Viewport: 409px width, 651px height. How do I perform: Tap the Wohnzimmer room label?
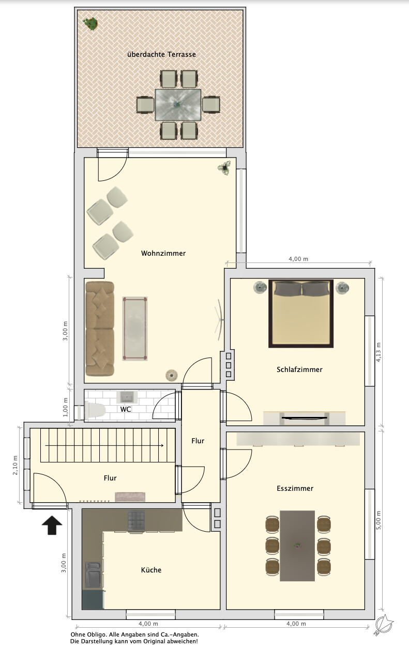pyautogui.click(x=163, y=253)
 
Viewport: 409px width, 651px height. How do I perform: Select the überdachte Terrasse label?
pyautogui.click(x=161, y=54)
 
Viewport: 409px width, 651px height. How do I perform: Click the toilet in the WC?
pyautogui.click(x=95, y=410)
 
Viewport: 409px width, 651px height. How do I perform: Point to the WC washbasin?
pyautogui.click(x=127, y=397)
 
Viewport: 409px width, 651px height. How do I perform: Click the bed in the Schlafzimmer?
pyautogui.click(x=301, y=314)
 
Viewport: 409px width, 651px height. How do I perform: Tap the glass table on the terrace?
pyautogui.click(x=178, y=104)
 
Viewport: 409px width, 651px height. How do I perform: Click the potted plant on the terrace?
pyautogui.click(x=90, y=24)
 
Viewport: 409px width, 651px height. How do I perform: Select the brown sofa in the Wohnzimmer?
pyautogui.click(x=100, y=329)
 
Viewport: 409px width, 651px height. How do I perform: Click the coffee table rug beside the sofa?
pyautogui.click(x=135, y=329)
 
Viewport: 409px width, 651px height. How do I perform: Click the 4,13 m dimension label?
pyautogui.click(x=378, y=352)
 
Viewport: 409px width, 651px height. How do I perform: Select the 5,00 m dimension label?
pyautogui.click(x=378, y=520)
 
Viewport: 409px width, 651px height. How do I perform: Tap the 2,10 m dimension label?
pyautogui.click(x=15, y=466)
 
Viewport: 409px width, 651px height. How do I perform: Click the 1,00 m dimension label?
pyautogui.click(x=65, y=407)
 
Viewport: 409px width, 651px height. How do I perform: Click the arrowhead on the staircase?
pyautogui.click(x=161, y=445)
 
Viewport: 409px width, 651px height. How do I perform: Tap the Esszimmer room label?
pyautogui.click(x=295, y=488)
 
